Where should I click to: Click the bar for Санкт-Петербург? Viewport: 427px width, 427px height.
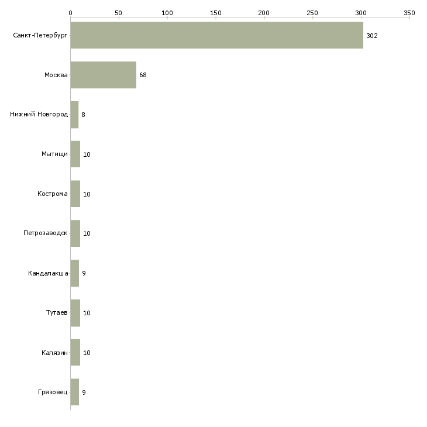tap(216, 36)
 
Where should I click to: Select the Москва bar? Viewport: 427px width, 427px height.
tap(103, 75)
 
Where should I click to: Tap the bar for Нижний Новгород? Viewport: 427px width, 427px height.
tap(74, 115)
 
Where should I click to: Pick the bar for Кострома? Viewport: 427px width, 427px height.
tap(75, 194)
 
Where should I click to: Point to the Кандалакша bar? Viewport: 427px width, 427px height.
tap(74, 273)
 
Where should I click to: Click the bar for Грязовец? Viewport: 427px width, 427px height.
tap(74, 392)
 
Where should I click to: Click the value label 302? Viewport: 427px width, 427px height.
tap(372, 36)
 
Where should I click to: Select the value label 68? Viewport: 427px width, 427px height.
tap(143, 75)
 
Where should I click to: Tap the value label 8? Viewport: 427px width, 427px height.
tap(83, 115)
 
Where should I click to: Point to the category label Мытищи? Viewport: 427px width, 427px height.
tap(54, 154)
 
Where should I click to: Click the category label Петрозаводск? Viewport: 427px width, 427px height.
tap(46, 233)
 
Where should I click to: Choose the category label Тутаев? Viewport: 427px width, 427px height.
tap(57, 313)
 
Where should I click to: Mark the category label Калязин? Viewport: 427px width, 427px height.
tap(55, 353)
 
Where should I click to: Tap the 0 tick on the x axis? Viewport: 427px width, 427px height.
tap(70, 12)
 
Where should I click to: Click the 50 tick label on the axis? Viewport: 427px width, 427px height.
tap(119, 12)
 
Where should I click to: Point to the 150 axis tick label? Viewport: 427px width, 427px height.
tap(215, 12)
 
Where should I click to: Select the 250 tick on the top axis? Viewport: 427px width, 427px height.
tap(312, 12)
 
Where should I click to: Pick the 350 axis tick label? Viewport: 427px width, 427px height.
tap(409, 12)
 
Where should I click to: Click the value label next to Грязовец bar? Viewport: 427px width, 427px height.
tap(84, 392)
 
